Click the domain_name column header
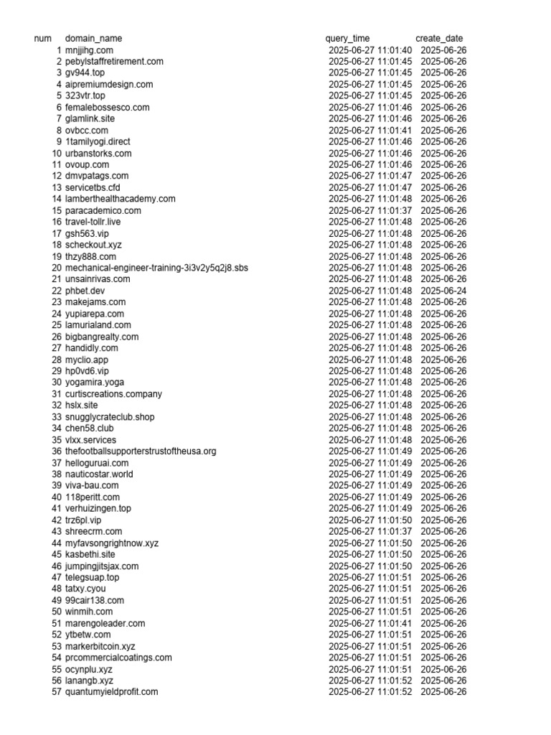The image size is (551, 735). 93,38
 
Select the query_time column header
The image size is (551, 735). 347,38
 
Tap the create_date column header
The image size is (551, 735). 439,38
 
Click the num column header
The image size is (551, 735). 43,38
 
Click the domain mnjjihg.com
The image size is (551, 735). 89,50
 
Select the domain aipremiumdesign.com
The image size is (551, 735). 109,85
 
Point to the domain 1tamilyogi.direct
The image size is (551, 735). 98,142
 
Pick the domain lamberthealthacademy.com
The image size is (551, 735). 121,199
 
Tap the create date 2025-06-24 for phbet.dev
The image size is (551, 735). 443,291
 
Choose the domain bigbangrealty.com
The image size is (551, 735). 102,337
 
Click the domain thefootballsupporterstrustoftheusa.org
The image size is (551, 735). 141,451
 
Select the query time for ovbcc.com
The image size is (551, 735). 370,131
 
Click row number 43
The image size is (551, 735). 57,532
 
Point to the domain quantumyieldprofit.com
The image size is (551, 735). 111,692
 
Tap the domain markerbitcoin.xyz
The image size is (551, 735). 100,646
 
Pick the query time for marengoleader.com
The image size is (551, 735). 370,623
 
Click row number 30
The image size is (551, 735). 57,383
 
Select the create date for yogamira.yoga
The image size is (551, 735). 443,383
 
